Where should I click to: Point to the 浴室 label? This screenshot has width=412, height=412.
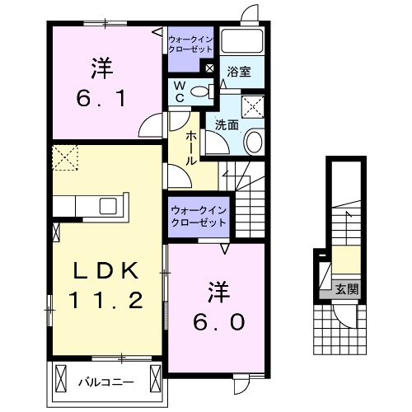click(x=240, y=72)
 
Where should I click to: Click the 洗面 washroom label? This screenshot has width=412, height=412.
click(x=227, y=125)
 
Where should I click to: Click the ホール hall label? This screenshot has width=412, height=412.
click(x=190, y=148)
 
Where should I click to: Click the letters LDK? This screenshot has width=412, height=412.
click(x=101, y=269)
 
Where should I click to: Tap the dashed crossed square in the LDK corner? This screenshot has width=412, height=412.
click(x=64, y=157)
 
